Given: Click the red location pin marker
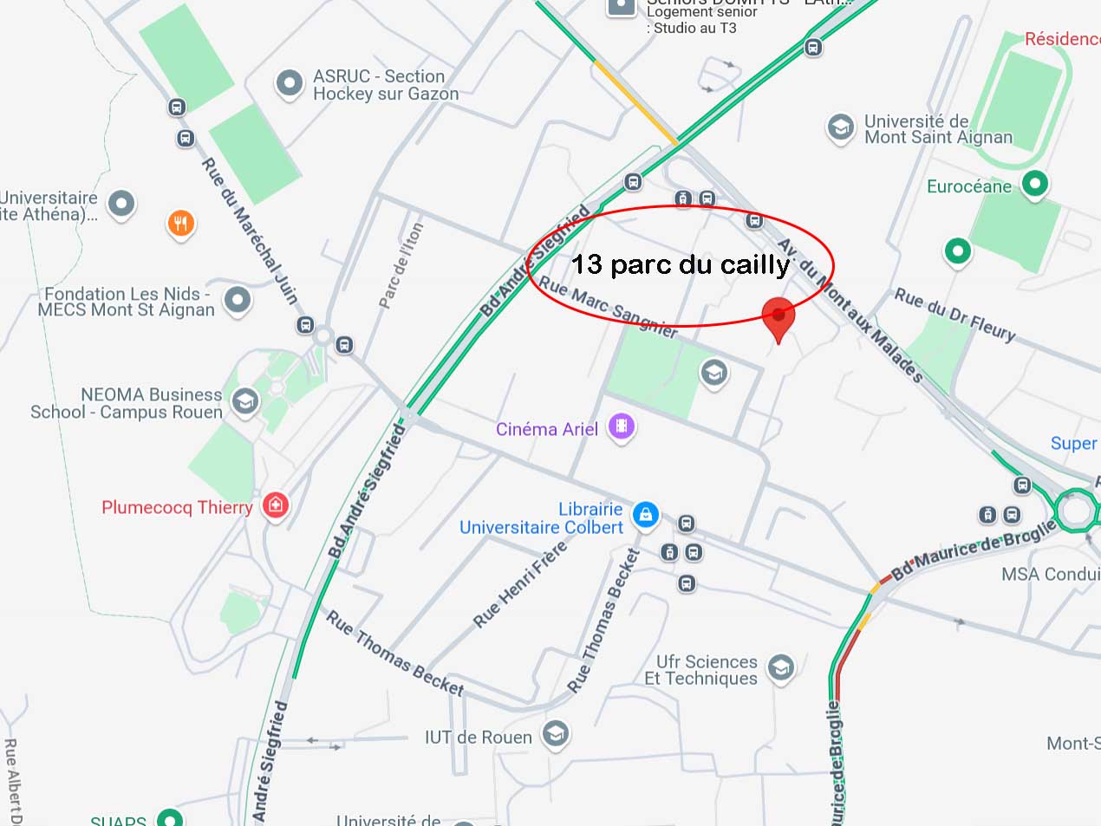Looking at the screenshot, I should (778, 318).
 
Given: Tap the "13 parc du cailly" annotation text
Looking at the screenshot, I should (681, 264).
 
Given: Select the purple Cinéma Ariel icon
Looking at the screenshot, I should (622, 426).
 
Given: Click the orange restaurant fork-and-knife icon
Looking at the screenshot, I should (180, 224).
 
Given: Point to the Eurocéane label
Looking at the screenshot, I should (968, 186).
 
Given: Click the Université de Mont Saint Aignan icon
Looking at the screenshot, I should (839, 128).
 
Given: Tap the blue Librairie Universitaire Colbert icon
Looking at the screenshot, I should (645, 515).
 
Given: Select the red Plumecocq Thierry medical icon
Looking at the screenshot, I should (276, 504).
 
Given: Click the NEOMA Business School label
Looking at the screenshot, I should (127, 404).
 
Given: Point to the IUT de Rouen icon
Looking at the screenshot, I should (555, 735).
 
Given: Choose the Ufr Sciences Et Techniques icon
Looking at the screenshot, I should (781, 668).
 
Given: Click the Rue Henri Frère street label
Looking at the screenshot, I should (519, 583).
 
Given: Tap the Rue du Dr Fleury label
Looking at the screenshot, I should (954, 315).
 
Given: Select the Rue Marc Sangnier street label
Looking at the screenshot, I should (608, 307).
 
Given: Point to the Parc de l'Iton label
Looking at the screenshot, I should (401, 265).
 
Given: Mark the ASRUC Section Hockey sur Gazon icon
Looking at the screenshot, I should (289, 84).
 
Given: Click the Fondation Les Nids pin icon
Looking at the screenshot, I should (237, 300).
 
